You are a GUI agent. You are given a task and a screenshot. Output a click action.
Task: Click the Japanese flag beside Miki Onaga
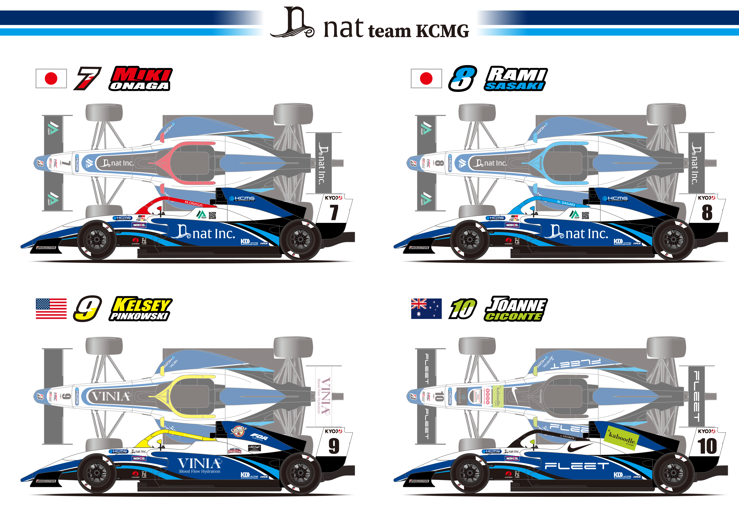(51, 78)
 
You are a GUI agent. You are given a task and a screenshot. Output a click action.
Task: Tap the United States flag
(51, 309)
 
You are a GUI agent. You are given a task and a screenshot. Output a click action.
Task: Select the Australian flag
(426, 309)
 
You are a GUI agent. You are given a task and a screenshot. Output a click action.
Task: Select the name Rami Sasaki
(516, 79)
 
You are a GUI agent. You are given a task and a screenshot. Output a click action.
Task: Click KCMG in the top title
(443, 31)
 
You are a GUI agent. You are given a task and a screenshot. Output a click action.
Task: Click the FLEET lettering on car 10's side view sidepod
(576, 466)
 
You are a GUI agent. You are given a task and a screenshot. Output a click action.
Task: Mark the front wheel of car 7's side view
(96, 240)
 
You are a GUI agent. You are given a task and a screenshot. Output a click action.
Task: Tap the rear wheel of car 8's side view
(673, 240)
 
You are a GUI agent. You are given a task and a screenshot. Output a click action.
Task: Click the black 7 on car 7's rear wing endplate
(334, 213)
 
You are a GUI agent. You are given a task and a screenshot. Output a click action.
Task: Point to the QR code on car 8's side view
(585, 215)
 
